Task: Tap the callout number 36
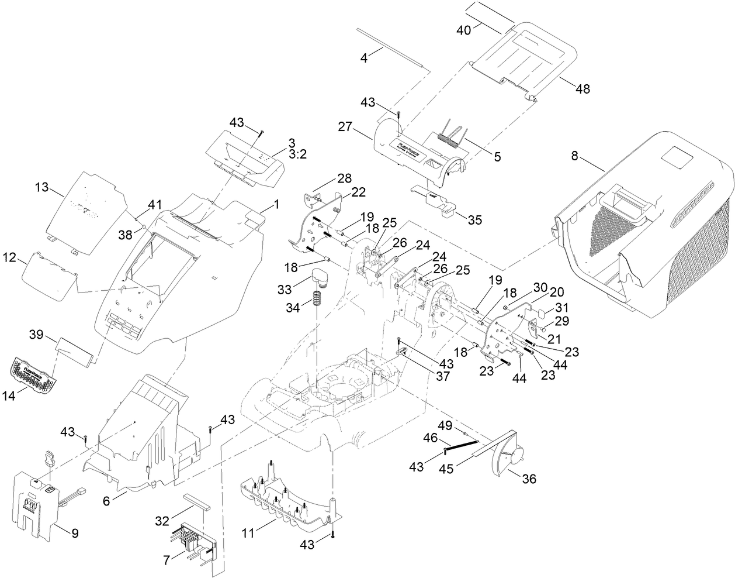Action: pos(528,479)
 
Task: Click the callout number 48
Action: pos(583,89)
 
